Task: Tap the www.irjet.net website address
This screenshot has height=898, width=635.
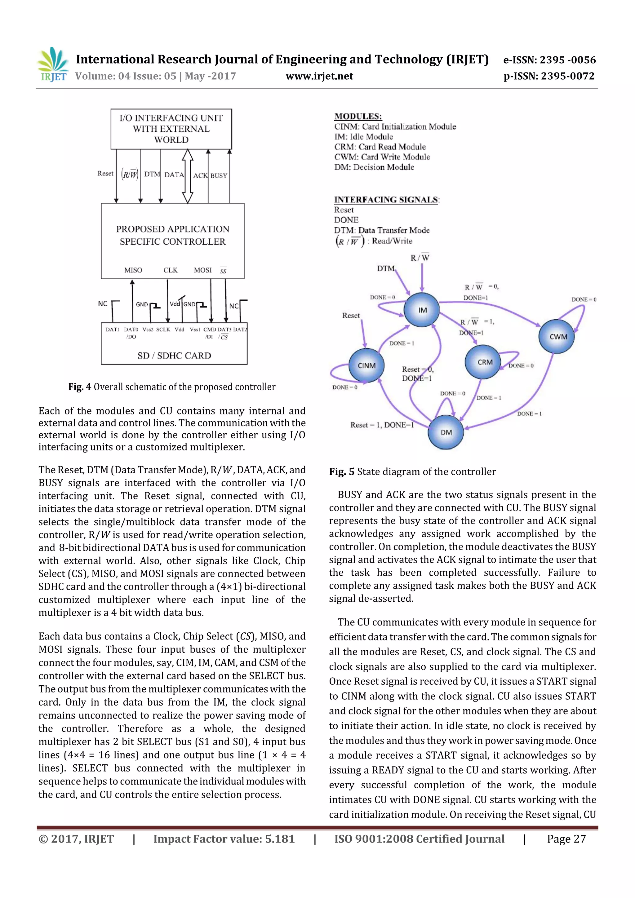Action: click(x=319, y=76)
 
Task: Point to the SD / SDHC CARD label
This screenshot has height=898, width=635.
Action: click(x=174, y=356)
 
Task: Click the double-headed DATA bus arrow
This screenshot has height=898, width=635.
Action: click(x=188, y=176)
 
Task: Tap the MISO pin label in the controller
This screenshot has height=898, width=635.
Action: click(x=133, y=270)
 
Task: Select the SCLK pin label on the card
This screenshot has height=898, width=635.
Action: click(x=163, y=329)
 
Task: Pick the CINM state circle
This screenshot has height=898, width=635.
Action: click(x=366, y=365)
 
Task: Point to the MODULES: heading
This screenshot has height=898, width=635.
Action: click(x=358, y=116)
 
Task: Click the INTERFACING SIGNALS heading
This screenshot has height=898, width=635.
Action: click(x=386, y=199)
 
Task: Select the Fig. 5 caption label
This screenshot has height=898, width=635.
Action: click(x=342, y=472)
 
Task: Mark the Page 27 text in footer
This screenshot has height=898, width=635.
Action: click(x=566, y=839)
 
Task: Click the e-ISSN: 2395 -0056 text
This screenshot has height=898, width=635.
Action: click(x=549, y=60)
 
